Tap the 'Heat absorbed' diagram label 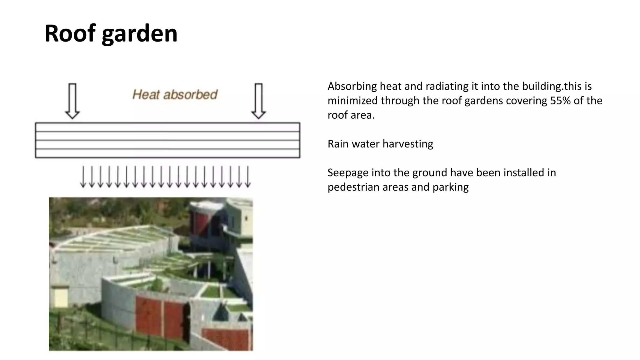[x=175, y=94]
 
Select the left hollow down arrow [x=72, y=101]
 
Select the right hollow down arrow [x=258, y=101]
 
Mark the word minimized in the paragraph [x=352, y=101]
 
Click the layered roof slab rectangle [x=167, y=140]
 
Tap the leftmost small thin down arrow [x=83, y=177]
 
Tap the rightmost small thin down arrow [x=247, y=177]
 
